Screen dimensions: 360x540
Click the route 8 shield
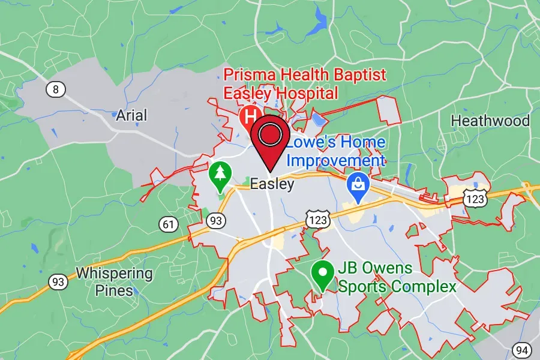[55, 90]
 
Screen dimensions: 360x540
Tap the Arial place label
[131, 115]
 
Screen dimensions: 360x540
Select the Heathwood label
[490, 121]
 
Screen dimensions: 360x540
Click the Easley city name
[272, 184]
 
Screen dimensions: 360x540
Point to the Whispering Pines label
[114, 282]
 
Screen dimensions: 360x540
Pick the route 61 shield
[169, 224]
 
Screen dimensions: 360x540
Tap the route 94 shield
[522, 349]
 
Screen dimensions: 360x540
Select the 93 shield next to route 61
[215, 221]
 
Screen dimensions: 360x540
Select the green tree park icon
[220, 174]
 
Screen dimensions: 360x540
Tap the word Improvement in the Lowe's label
[335, 161]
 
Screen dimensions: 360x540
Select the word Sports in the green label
[362, 286]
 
